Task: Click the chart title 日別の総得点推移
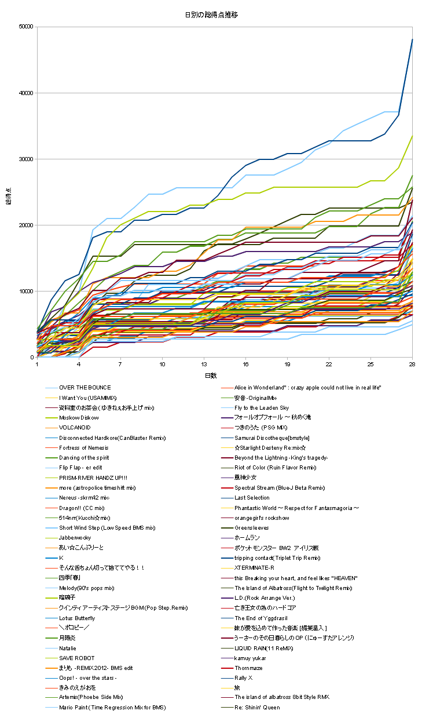[211, 14]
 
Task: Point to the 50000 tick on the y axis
[25, 27]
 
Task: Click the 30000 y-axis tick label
[25, 159]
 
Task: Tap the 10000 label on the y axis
[25, 291]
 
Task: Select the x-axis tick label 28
[412, 364]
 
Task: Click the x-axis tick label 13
[204, 364]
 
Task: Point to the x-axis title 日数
[211, 376]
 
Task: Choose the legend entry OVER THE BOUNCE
[85, 388]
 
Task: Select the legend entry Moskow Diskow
[79, 418]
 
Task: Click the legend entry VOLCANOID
[75, 428]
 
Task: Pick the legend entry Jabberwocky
[75, 538]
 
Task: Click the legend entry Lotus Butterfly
[77, 618]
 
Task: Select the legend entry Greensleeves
[252, 528]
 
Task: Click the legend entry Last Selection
[252, 498]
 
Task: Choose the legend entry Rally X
[244, 678]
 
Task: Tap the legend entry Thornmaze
[248, 668]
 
